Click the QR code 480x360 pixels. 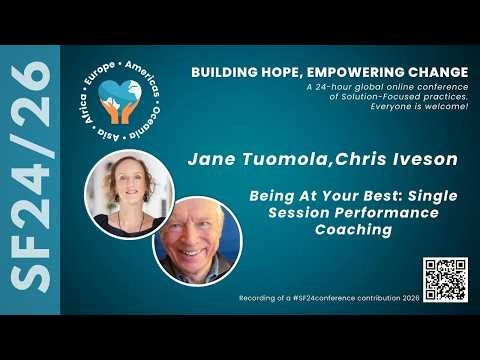point(444,279)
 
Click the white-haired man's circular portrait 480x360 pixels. point(197,239)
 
